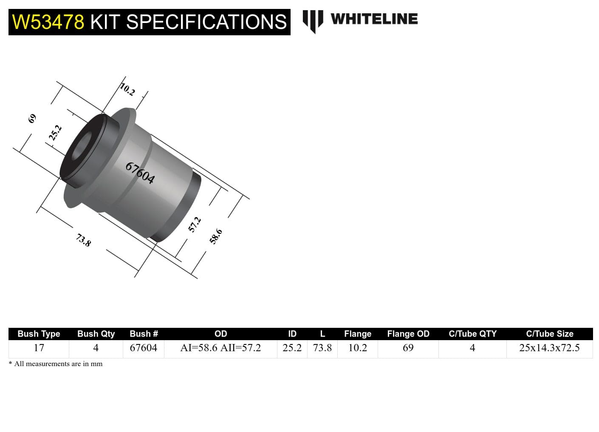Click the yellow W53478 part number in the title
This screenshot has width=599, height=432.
[x=48, y=22]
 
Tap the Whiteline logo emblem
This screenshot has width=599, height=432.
[x=313, y=20]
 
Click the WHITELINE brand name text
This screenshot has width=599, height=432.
[x=374, y=19]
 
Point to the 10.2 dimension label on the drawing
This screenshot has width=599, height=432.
[x=127, y=89]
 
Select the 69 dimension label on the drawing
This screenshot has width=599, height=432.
[x=32, y=119]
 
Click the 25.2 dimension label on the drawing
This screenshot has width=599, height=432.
[x=55, y=133]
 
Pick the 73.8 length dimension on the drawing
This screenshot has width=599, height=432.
[x=83, y=240]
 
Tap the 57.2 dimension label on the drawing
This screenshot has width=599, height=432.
[x=194, y=225]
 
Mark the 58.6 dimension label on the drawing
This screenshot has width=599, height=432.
[x=216, y=236]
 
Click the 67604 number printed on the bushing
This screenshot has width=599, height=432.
[x=140, y=173]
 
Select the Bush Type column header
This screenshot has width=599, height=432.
[x=39, y=334]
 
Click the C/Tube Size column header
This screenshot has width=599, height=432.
[x=549, y=334]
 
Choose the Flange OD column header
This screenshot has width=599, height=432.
[x=408, y=334]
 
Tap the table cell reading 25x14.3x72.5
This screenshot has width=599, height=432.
[x=549, y=348]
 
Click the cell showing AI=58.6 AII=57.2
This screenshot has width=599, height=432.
[x=220, y=348]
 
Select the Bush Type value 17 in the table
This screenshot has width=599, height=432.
[x=39, y=348]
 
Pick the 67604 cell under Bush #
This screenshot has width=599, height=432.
[x=143, y=348]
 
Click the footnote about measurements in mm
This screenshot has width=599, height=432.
[x=56, y=364]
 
